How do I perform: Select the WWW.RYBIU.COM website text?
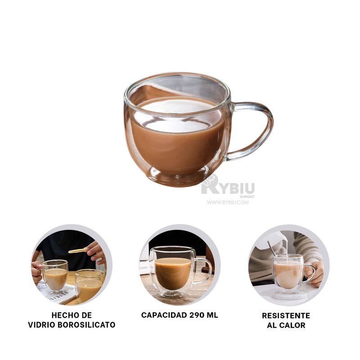click(x=228, y=202)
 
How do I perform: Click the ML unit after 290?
click(x=211, y=315)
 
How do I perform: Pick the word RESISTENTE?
click(x=286, y=315)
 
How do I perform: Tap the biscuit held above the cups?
click(x=77, y=251)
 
